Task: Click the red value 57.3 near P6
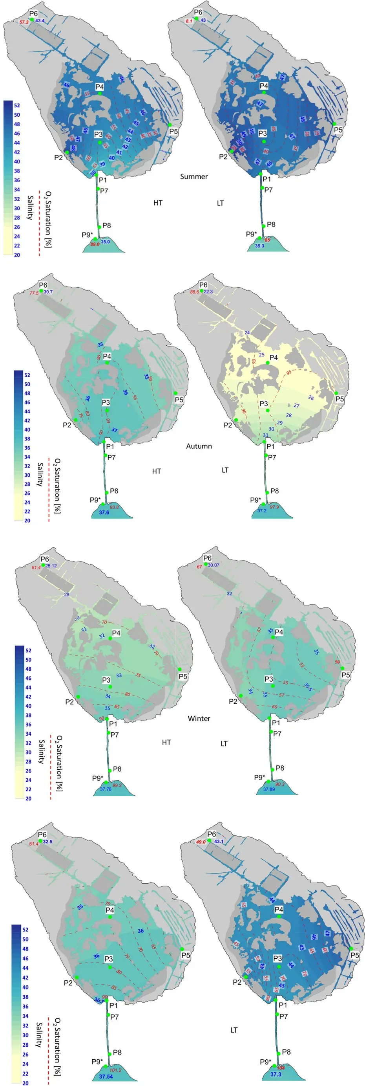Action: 24,22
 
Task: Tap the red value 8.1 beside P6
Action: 189,21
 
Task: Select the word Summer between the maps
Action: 194,177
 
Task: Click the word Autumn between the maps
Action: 199,446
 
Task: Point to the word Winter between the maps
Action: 199,718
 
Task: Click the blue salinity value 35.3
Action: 260,246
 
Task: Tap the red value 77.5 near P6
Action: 34,293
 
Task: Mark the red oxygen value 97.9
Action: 274,507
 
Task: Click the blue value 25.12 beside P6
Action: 51,566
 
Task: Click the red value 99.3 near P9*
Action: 117,785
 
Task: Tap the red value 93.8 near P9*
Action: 114,507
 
